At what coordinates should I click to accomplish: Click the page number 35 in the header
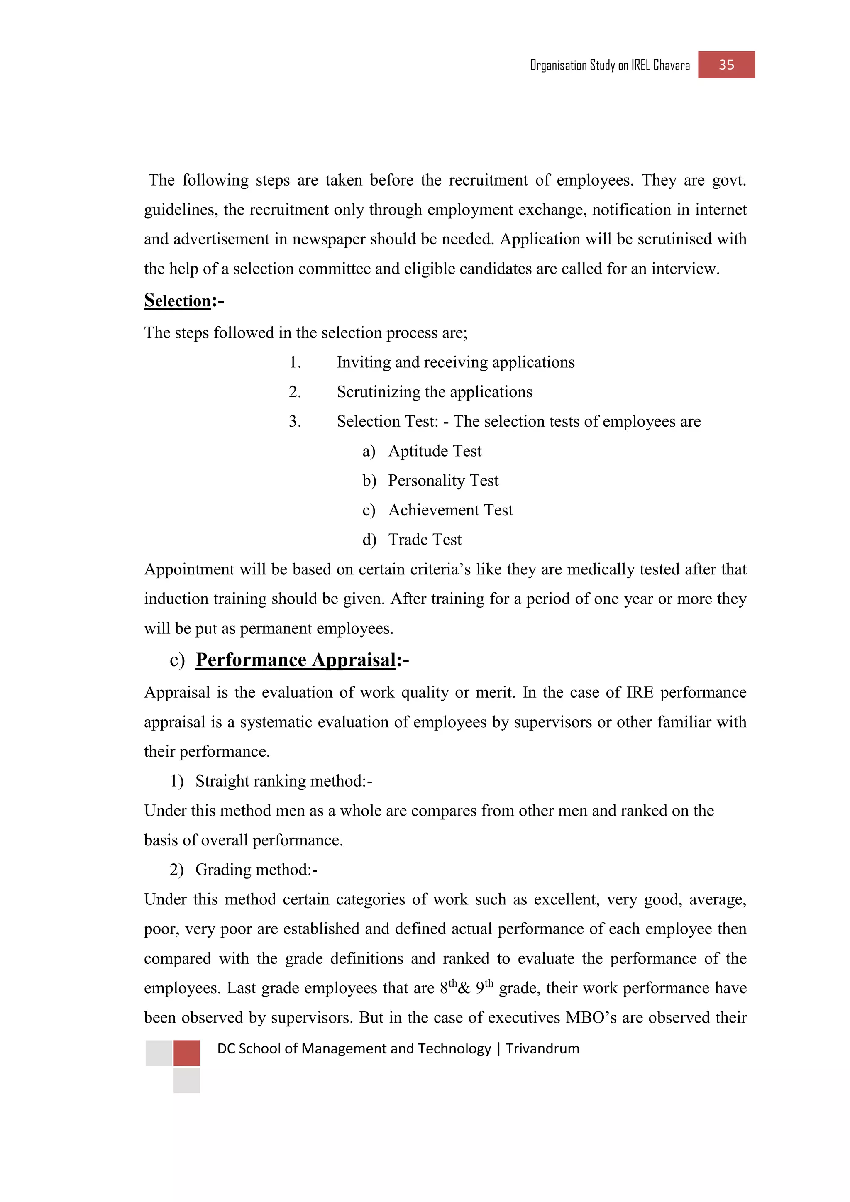click(726, 65)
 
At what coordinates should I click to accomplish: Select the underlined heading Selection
click(178, 300)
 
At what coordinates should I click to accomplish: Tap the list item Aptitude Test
click(435, 451)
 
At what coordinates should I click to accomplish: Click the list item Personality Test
click(443, 481)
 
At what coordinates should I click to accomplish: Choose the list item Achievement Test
click(450, 510)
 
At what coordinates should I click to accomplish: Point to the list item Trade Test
click(425, 540)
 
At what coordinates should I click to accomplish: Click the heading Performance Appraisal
click(296, 660)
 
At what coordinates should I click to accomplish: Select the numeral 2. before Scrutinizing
click(295, 391)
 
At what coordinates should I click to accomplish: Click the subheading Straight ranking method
click(283, 781)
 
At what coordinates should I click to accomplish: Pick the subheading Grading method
click(256, 870)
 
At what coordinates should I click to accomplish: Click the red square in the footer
click(186, 1053)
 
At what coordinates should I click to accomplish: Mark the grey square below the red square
click(186, 1080)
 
